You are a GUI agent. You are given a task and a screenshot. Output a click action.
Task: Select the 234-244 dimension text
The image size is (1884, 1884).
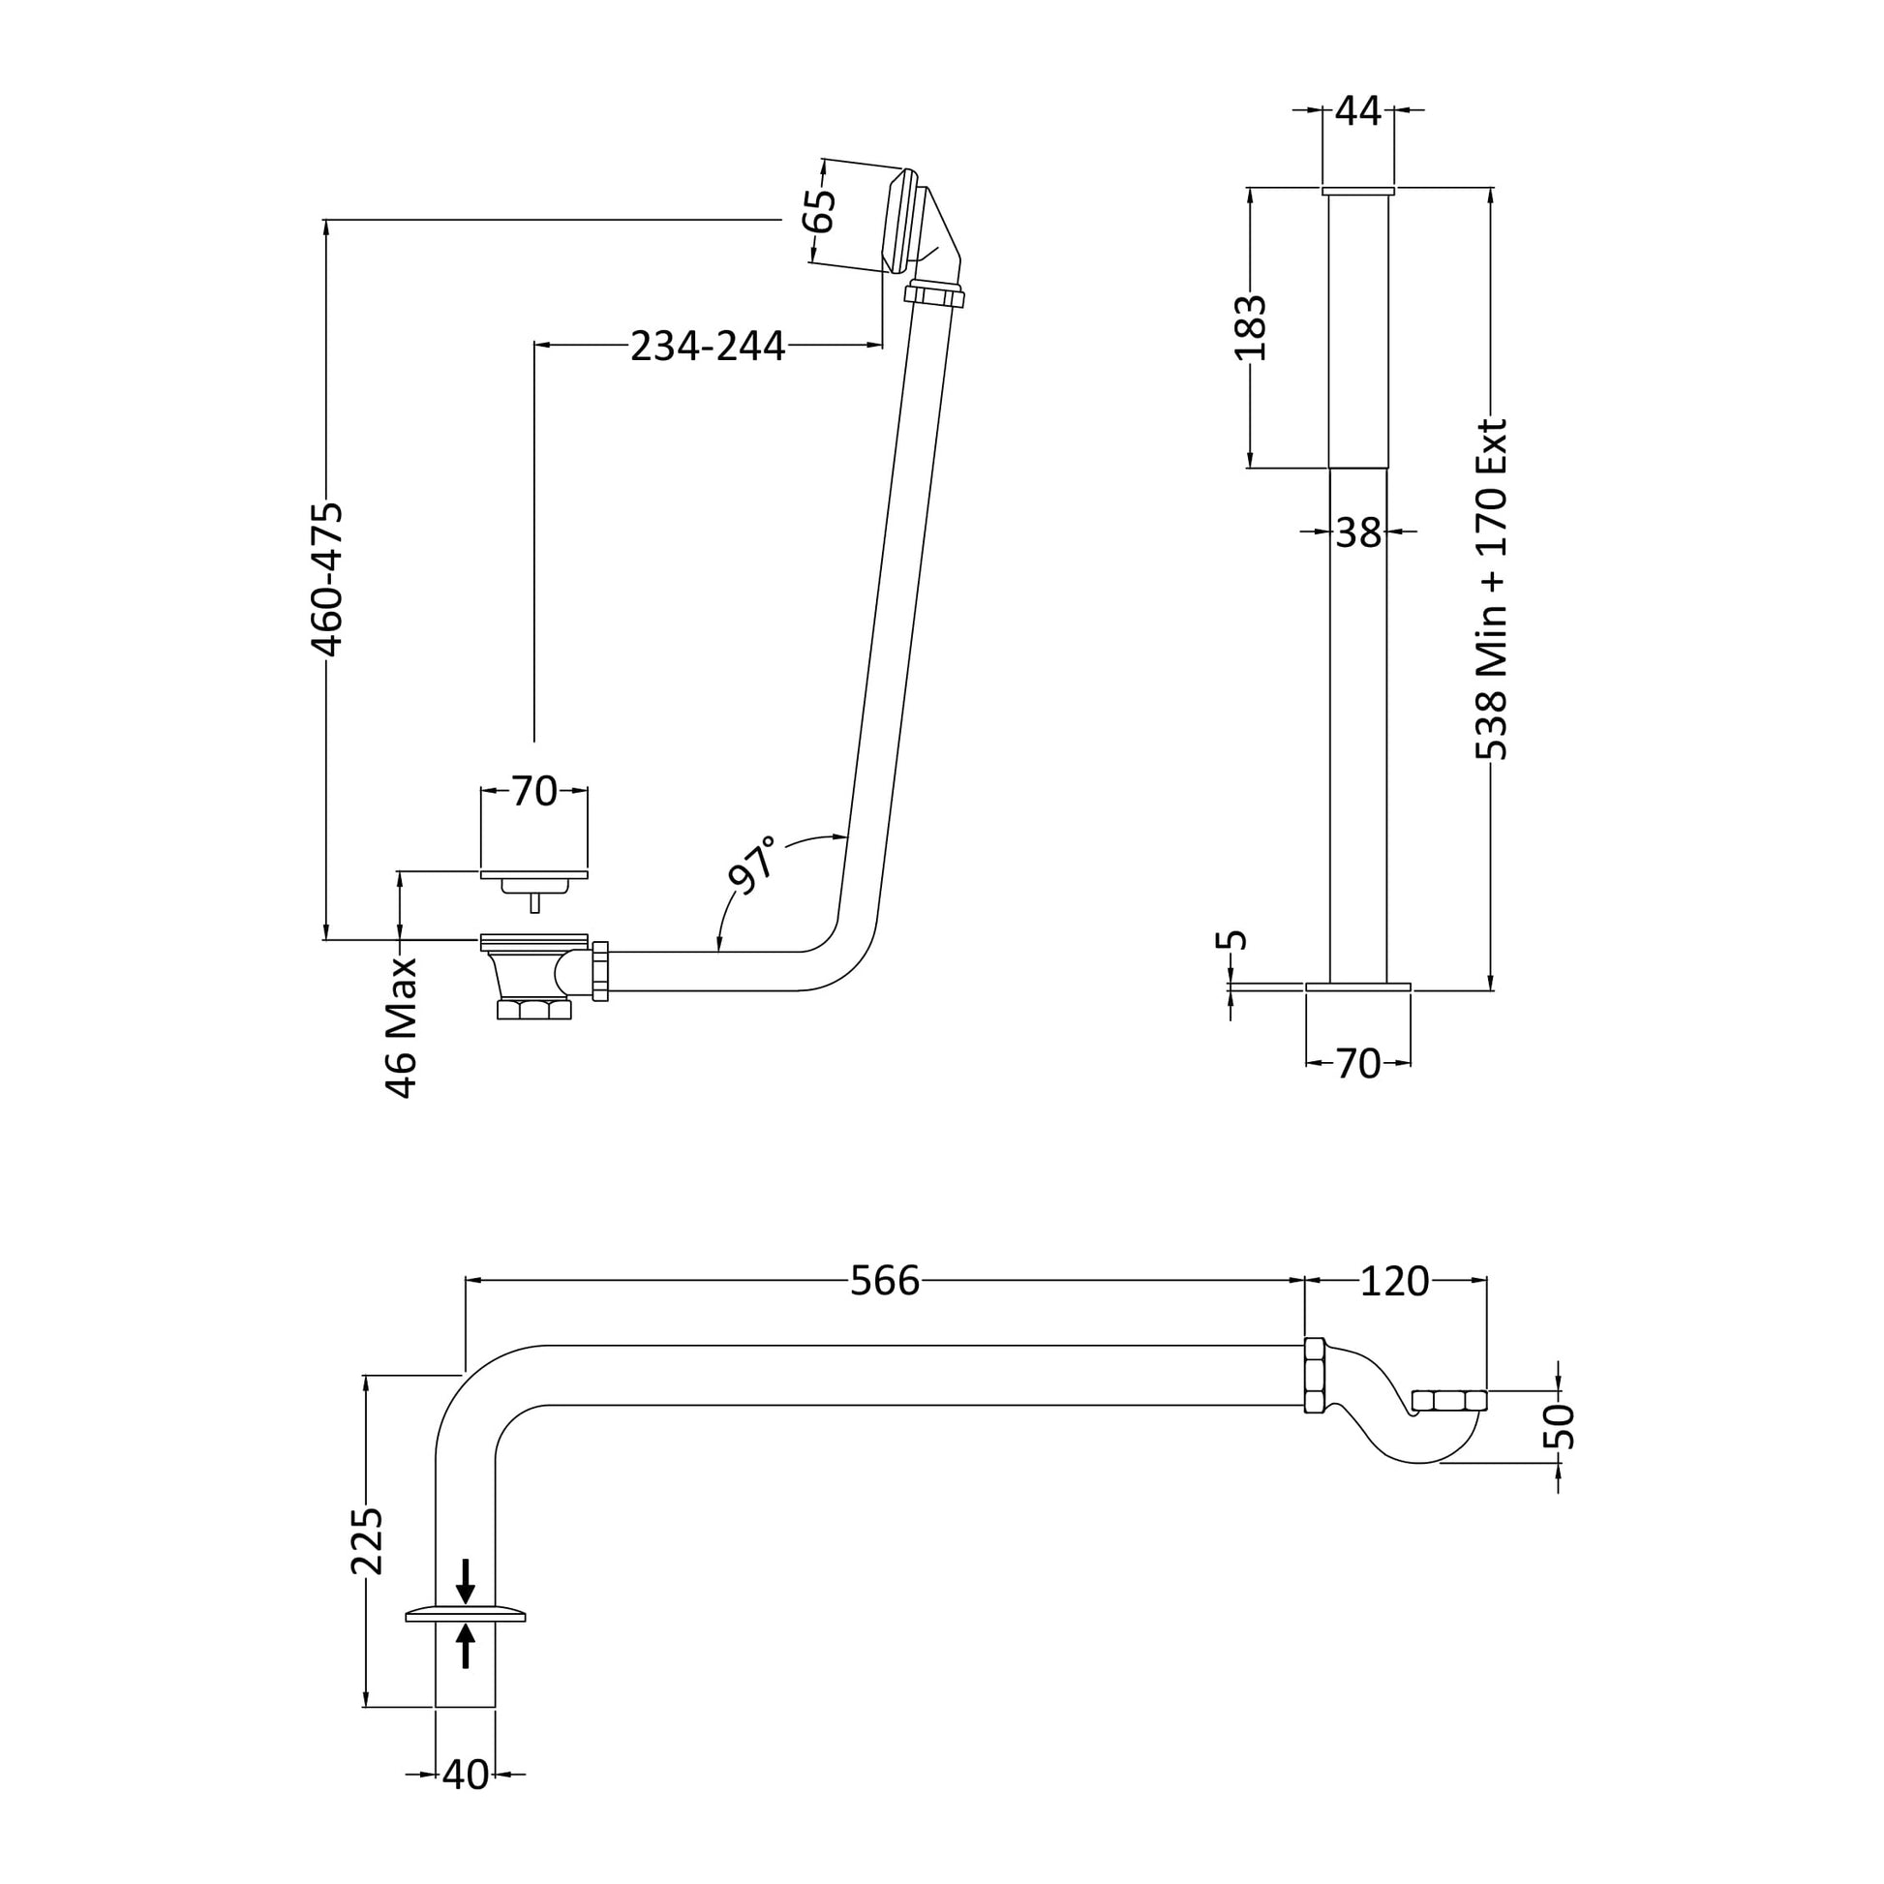tap(708, 346)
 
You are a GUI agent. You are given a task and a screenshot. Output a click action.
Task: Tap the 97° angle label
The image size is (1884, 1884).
tap(753, 864)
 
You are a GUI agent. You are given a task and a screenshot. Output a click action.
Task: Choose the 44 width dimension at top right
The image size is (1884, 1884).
tap(1357, 111)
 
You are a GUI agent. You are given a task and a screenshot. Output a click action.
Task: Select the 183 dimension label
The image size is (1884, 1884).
tap(1250, 327)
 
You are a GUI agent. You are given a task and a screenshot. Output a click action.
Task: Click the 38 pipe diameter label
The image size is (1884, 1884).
tap(1358, 532)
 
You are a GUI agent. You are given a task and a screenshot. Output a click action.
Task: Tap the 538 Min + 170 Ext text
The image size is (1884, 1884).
tap(1492, 589)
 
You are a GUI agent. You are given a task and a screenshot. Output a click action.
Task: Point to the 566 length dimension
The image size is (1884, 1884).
tap(886, 1282)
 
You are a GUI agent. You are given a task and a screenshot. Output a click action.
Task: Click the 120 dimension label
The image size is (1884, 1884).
tap(1394, 1282)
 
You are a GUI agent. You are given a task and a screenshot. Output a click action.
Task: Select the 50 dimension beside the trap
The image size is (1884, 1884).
tap(1562, 1427)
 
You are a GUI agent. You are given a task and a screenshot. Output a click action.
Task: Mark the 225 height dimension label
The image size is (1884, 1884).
tap(367, 1541)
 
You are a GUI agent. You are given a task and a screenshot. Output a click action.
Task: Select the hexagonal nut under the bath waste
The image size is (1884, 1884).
tap(533, 1009)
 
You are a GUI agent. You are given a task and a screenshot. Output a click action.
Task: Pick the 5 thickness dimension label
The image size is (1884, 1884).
tap(1233, 940)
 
